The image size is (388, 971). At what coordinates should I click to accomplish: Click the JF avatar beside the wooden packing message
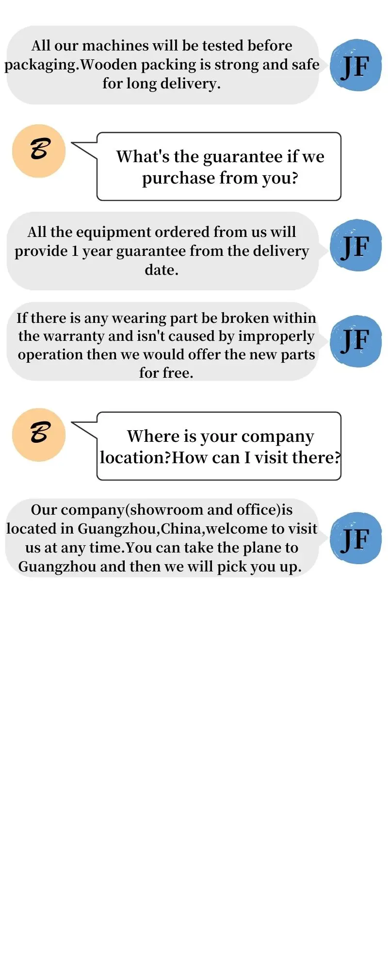(x=356, y=65)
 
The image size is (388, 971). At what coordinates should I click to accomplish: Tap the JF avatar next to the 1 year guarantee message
(x=356, y=245)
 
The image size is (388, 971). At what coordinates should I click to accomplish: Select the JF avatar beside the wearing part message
(x=356, y=341)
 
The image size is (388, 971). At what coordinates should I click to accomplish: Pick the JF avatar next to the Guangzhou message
(x=356, y=538)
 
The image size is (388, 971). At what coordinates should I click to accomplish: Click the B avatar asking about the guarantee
(x=39, y=151)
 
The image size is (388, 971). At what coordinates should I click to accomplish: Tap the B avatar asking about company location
(x=39, y=434)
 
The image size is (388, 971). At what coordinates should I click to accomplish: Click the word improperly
(x=276, y=336)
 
